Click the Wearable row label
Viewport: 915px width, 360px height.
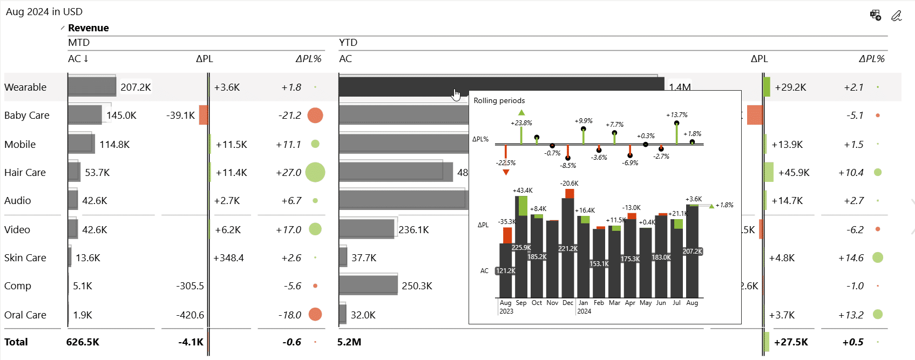(25, 87)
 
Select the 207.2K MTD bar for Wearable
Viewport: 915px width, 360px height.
(92, 87)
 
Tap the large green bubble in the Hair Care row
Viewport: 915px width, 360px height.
(315, 172)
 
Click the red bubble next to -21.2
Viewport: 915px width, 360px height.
(315, 115)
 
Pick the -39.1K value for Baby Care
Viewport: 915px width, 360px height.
(180, 116)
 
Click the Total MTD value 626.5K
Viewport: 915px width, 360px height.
(83, 342)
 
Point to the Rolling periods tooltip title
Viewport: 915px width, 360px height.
(499, 101)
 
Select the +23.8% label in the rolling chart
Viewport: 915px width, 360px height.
(521, 123)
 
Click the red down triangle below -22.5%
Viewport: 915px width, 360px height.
(506, 173)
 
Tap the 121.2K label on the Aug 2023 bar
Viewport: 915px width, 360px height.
(506, 271)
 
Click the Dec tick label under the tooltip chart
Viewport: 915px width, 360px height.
(568, 303)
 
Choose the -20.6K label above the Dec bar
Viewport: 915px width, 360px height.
(569, 184)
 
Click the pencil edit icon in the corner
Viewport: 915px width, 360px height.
(896, 16)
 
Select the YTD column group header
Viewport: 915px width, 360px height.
(348, 43)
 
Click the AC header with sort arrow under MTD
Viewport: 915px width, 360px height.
(78, 59)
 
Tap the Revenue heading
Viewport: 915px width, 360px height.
(88, 28)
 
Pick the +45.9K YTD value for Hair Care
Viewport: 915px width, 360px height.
(794, 173)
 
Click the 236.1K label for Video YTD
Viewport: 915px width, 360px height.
(414, 230)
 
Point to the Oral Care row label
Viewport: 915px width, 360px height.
(25, 315)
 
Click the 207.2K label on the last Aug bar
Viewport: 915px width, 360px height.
(692, 252)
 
